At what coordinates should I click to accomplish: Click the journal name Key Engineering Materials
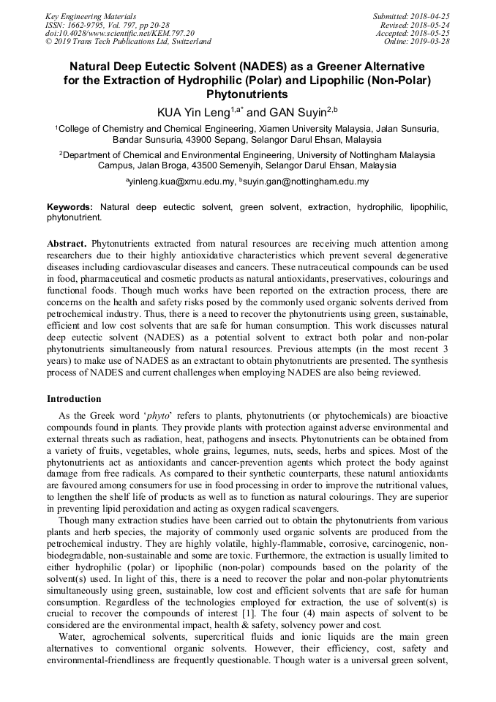[x=91, y=16]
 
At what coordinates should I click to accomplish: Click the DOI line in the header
[x=120, y=33]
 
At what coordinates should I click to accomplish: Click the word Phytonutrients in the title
[x=247, y=94]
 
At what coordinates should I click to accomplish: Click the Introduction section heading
[x=74, y=399]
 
